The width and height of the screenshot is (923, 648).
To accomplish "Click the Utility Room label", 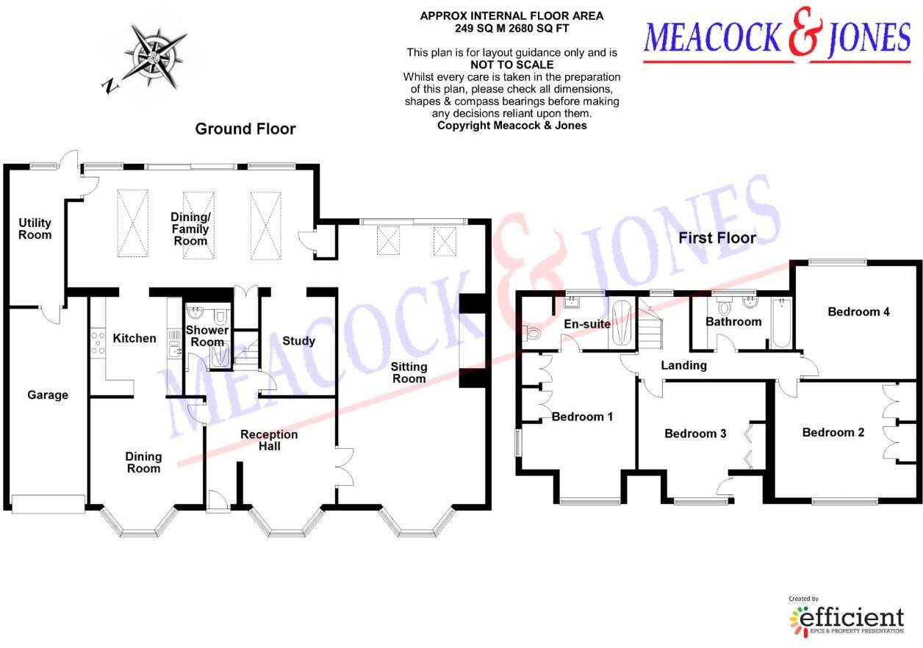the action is tap(35, 228).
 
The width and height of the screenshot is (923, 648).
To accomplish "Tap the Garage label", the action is tap(48, 395).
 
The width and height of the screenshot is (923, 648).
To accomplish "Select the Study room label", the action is tap(299, 341).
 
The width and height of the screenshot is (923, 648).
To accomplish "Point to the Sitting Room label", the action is tap(409, 372).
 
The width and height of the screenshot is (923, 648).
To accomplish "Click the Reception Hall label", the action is tap(269, 440).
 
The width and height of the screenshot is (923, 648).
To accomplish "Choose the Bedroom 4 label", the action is tap(859, 312).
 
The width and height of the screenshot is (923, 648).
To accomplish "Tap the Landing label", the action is tap(683, 365).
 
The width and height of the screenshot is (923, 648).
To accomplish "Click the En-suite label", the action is tap(587, 324).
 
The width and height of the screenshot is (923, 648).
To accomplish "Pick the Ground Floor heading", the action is tap(245, 129).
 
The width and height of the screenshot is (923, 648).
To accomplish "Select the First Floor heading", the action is tap(717, 238).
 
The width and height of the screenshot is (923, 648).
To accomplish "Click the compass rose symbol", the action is tap(154, 56).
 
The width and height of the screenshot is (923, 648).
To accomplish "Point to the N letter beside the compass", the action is tap(110, 86).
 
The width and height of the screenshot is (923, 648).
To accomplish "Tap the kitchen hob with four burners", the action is tap(98, 343).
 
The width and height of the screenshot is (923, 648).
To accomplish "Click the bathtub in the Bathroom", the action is tap(781, 323).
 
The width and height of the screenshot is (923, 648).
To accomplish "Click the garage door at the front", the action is tap(49, 503).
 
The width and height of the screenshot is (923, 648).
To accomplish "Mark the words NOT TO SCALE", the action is tap(512, 65).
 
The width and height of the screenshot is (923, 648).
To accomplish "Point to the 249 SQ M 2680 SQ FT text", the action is tap(511, 28).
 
